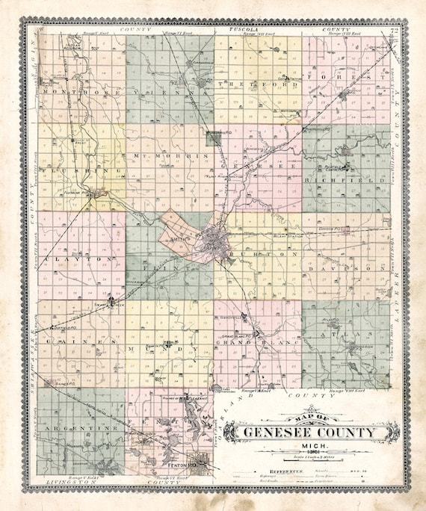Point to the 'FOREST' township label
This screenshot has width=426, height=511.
346,77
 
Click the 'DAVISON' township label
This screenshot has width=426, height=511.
345,267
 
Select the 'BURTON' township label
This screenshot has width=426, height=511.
258,255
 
